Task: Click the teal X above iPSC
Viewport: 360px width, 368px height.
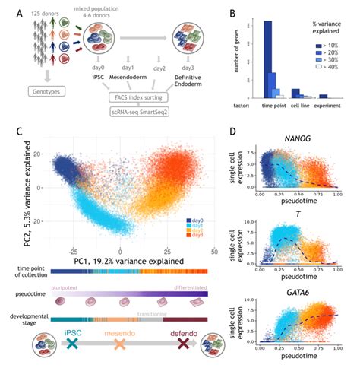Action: [x=73, y=344]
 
